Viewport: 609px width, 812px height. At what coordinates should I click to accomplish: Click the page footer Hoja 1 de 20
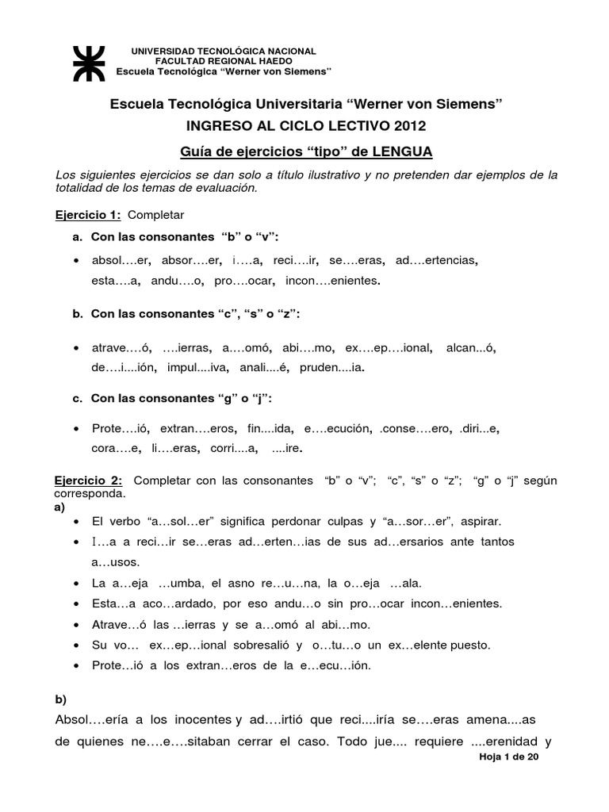click(509, 758)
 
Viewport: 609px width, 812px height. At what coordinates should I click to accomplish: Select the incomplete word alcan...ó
click(473, 347)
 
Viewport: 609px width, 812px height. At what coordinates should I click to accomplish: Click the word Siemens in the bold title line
click(465, 105)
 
